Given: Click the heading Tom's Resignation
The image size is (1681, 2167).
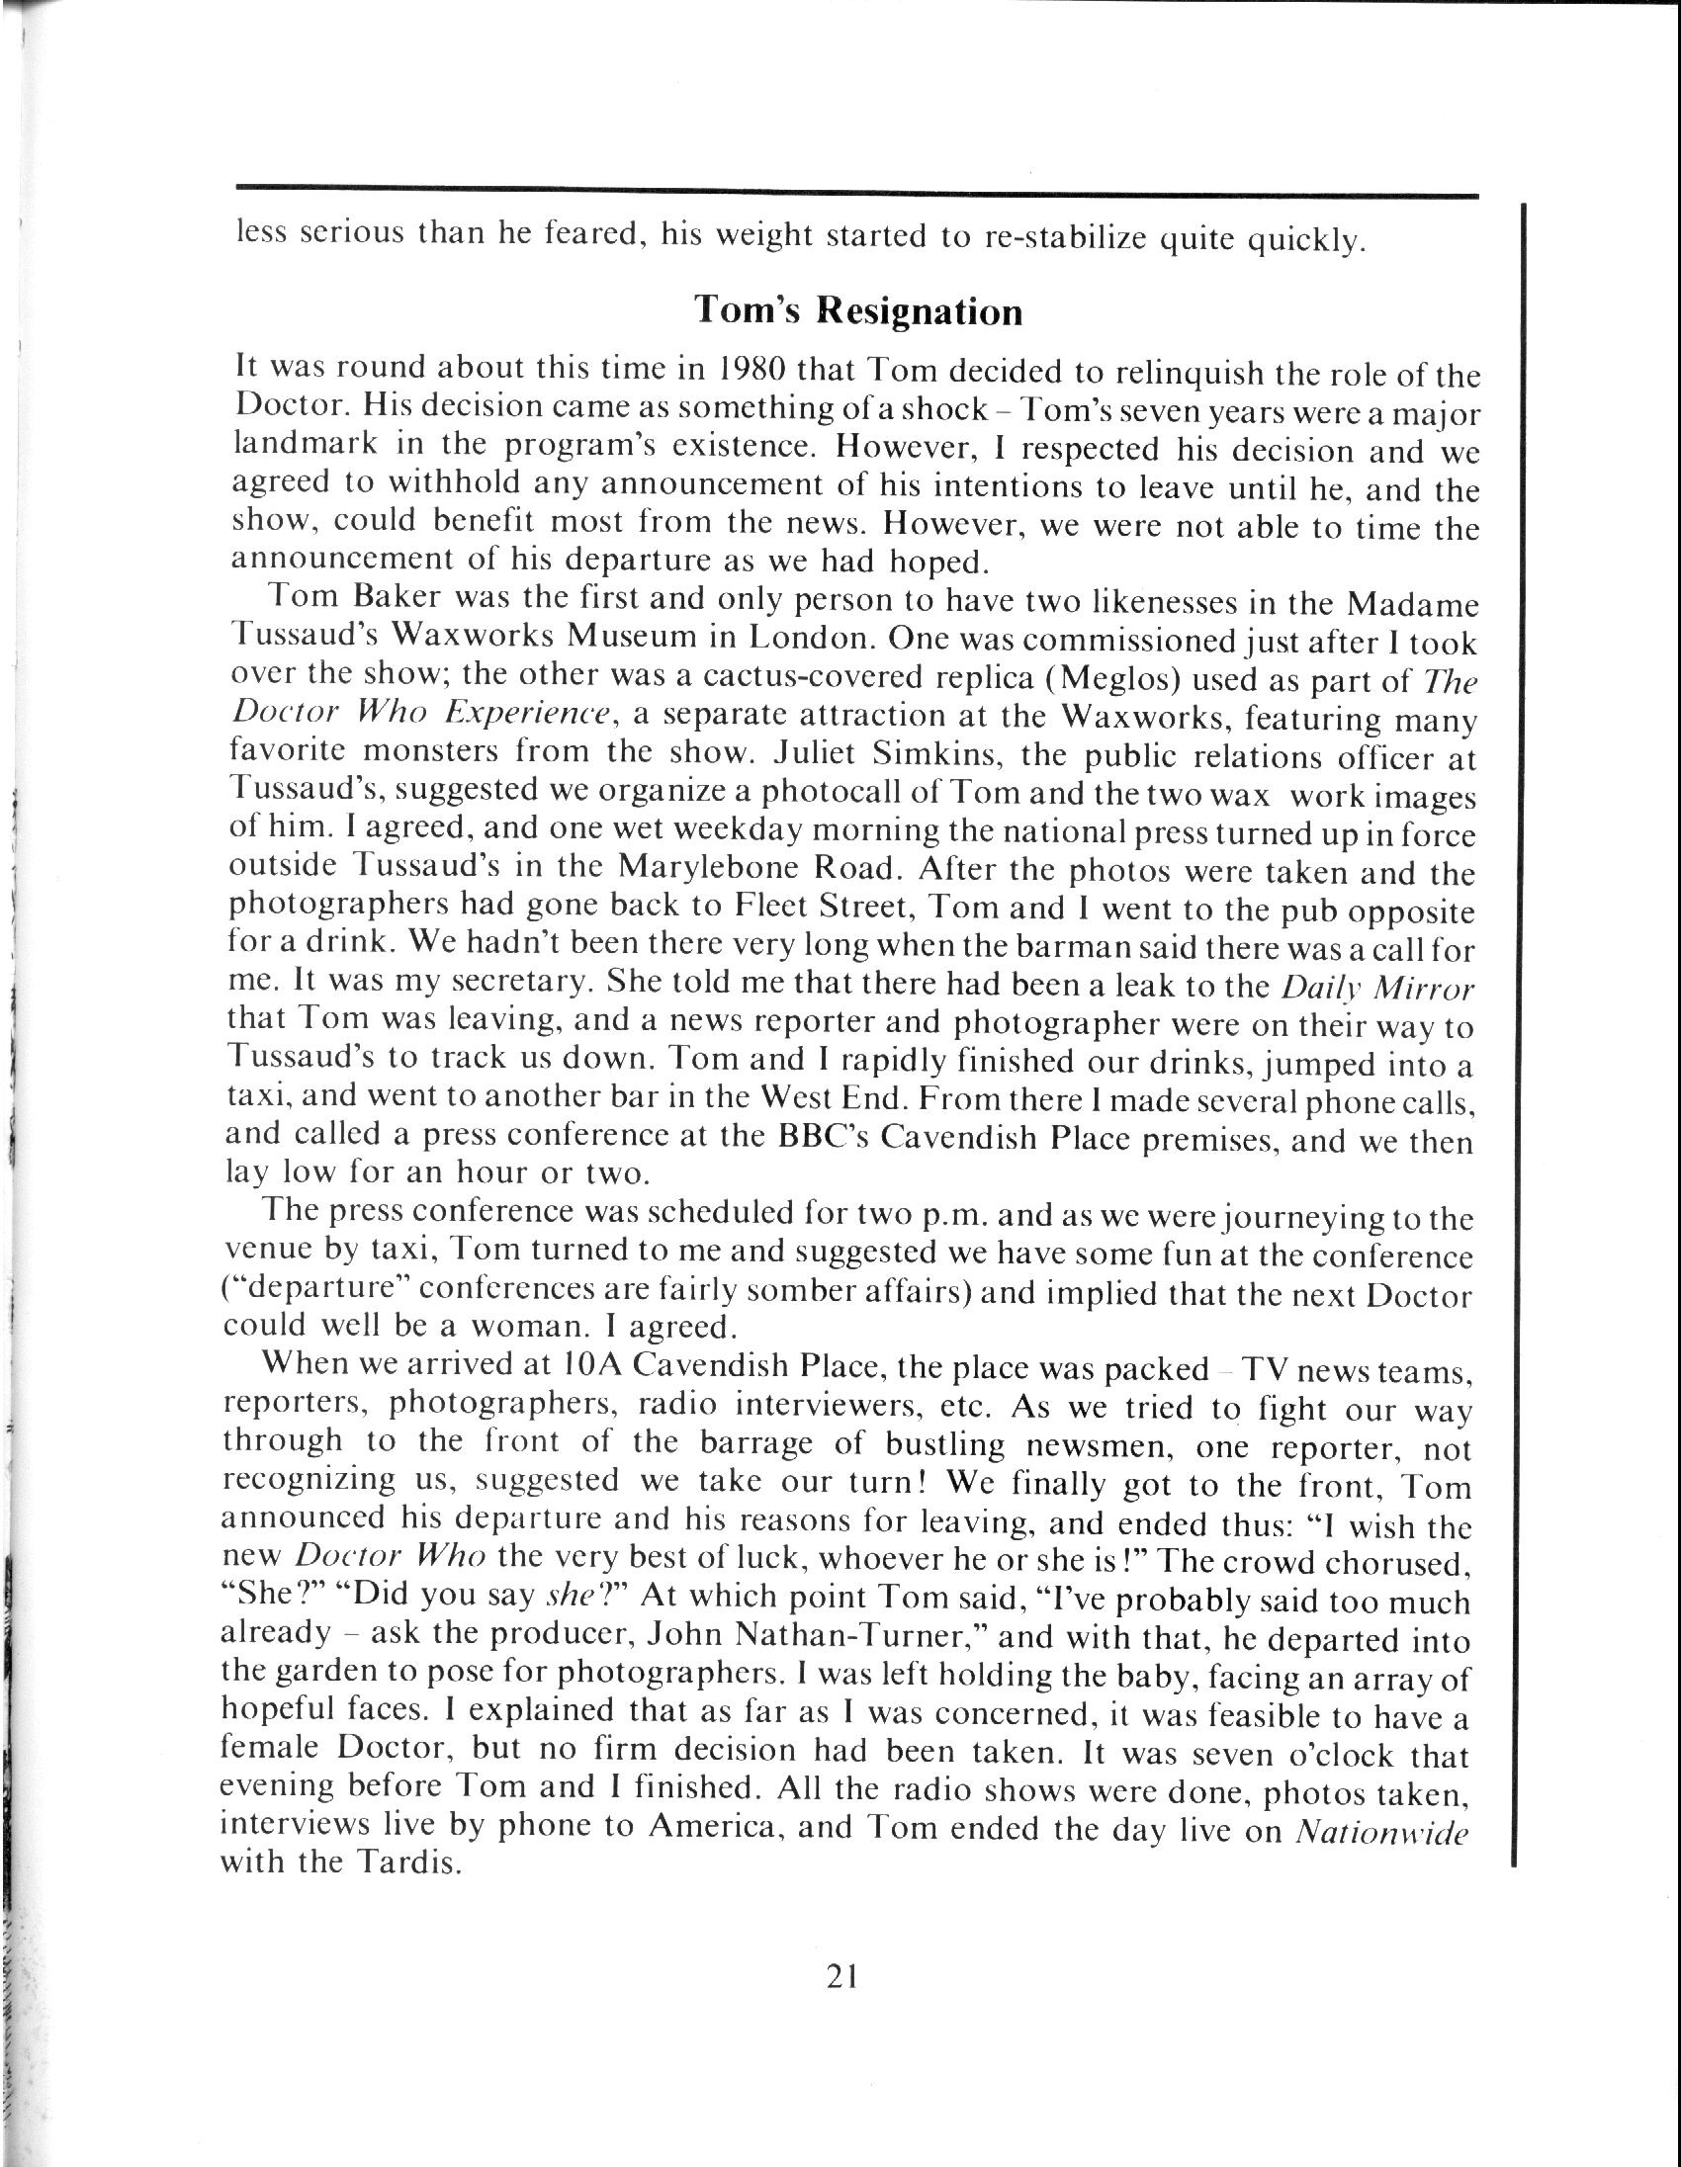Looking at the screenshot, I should coord(857,310).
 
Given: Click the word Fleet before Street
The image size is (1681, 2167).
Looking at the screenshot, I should coord(775,906).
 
